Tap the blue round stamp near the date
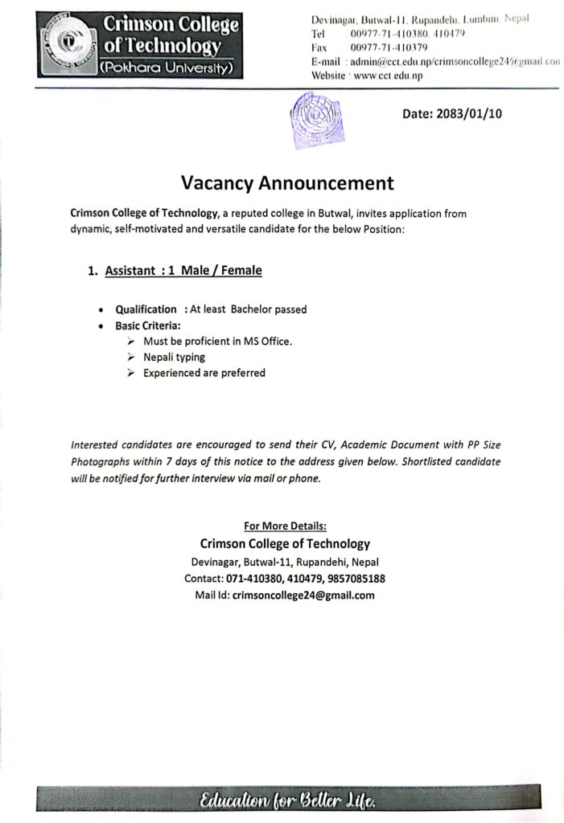309,120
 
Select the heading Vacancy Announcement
287,183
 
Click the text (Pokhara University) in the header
166,69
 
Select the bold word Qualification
146,309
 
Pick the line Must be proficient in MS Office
217,341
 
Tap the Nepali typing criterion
174,357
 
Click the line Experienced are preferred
204,373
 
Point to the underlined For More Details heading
285,526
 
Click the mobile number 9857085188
352,579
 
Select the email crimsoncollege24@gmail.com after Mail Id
303,596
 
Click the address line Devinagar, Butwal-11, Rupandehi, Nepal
285,562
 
